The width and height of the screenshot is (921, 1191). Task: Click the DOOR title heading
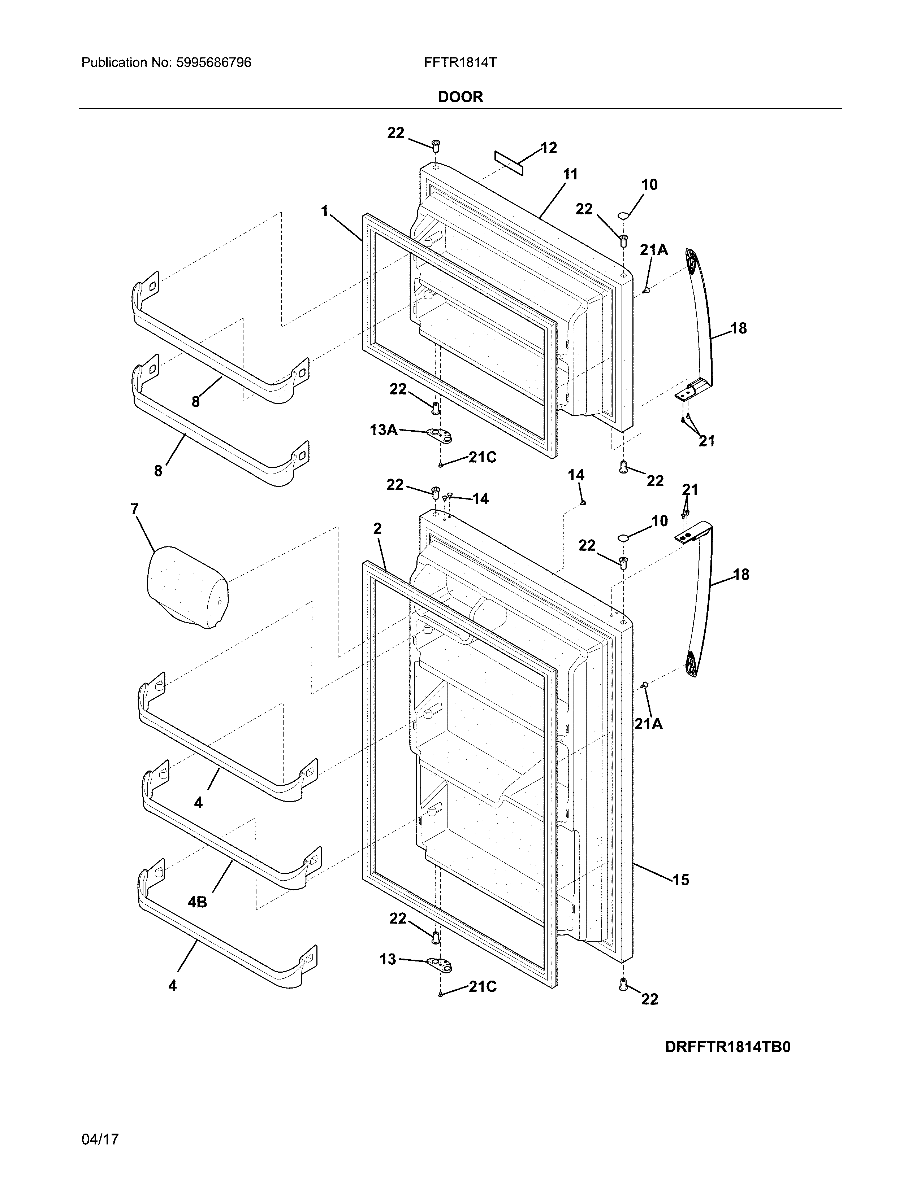point(461,97)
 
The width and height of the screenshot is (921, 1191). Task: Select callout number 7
point(134,509)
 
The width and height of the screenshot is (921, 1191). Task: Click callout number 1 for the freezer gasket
point(325,211)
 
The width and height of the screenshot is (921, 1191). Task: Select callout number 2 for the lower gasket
point(377,528)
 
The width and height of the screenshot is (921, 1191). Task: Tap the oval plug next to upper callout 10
point(624,217)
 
